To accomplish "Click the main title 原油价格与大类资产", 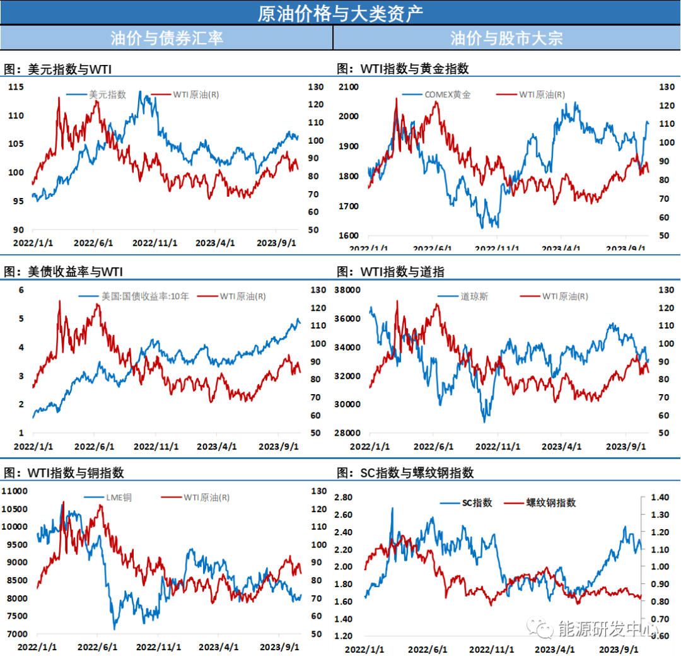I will tap(340, 13).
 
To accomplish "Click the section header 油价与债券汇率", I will tap(166, 38).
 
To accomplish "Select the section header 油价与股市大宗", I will tap(506, 38).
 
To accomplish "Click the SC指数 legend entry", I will tap(477, 503).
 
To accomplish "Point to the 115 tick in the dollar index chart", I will tap(16, 87).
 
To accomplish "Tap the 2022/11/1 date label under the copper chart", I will tap(158, 647).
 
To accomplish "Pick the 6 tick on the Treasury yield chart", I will tap(21, 289).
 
